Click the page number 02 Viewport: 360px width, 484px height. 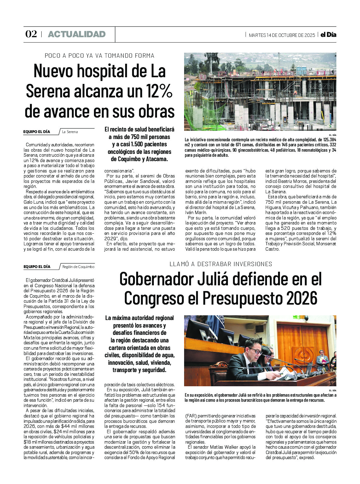pos(31,34)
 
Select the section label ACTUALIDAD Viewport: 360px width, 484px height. pos(77,34)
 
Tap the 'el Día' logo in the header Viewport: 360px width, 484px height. pos(328,35)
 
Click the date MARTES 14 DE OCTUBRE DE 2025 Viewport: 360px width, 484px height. pos(282,35)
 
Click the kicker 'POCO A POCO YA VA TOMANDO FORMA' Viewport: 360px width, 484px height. pos(99,56)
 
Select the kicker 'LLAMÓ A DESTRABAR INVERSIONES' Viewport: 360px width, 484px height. pos(221,264)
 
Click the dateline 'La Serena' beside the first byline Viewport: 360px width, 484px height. pos(70,132)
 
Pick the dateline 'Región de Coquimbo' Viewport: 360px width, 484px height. pos(78,267)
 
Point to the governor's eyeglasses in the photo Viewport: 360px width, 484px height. pos(256,351)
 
